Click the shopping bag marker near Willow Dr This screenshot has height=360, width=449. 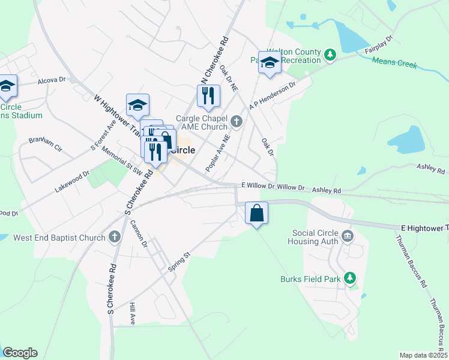coord(256,214)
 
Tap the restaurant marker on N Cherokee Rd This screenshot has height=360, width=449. coord(208,96)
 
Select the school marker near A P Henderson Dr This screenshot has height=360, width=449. coord(270,62)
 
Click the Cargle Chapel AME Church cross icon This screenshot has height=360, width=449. coord(236,122)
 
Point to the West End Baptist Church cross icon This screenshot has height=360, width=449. coord(115,237)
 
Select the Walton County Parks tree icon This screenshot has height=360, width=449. coord(330,56)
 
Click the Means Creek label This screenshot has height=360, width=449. coord(394,62)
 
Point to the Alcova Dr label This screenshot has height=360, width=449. coord(51,80)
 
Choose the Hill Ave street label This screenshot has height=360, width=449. coord(133,314)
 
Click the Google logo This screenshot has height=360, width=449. coord(20,353)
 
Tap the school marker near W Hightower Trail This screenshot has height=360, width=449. coord(137,106)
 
